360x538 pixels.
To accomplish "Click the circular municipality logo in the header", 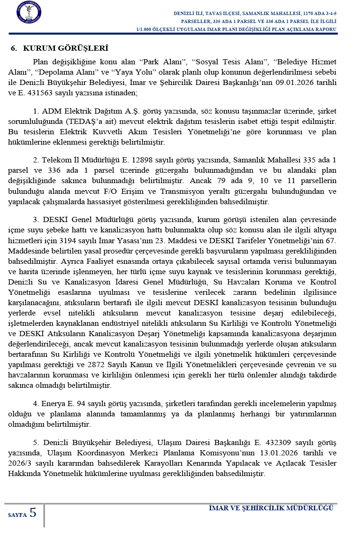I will click(28, 13).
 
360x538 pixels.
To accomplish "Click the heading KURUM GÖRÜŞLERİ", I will click(65, 48).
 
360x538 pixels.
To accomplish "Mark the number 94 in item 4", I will click(82, 403).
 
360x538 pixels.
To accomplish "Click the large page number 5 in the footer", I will click(33, 513).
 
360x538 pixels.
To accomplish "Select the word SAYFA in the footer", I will click(17, 515).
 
